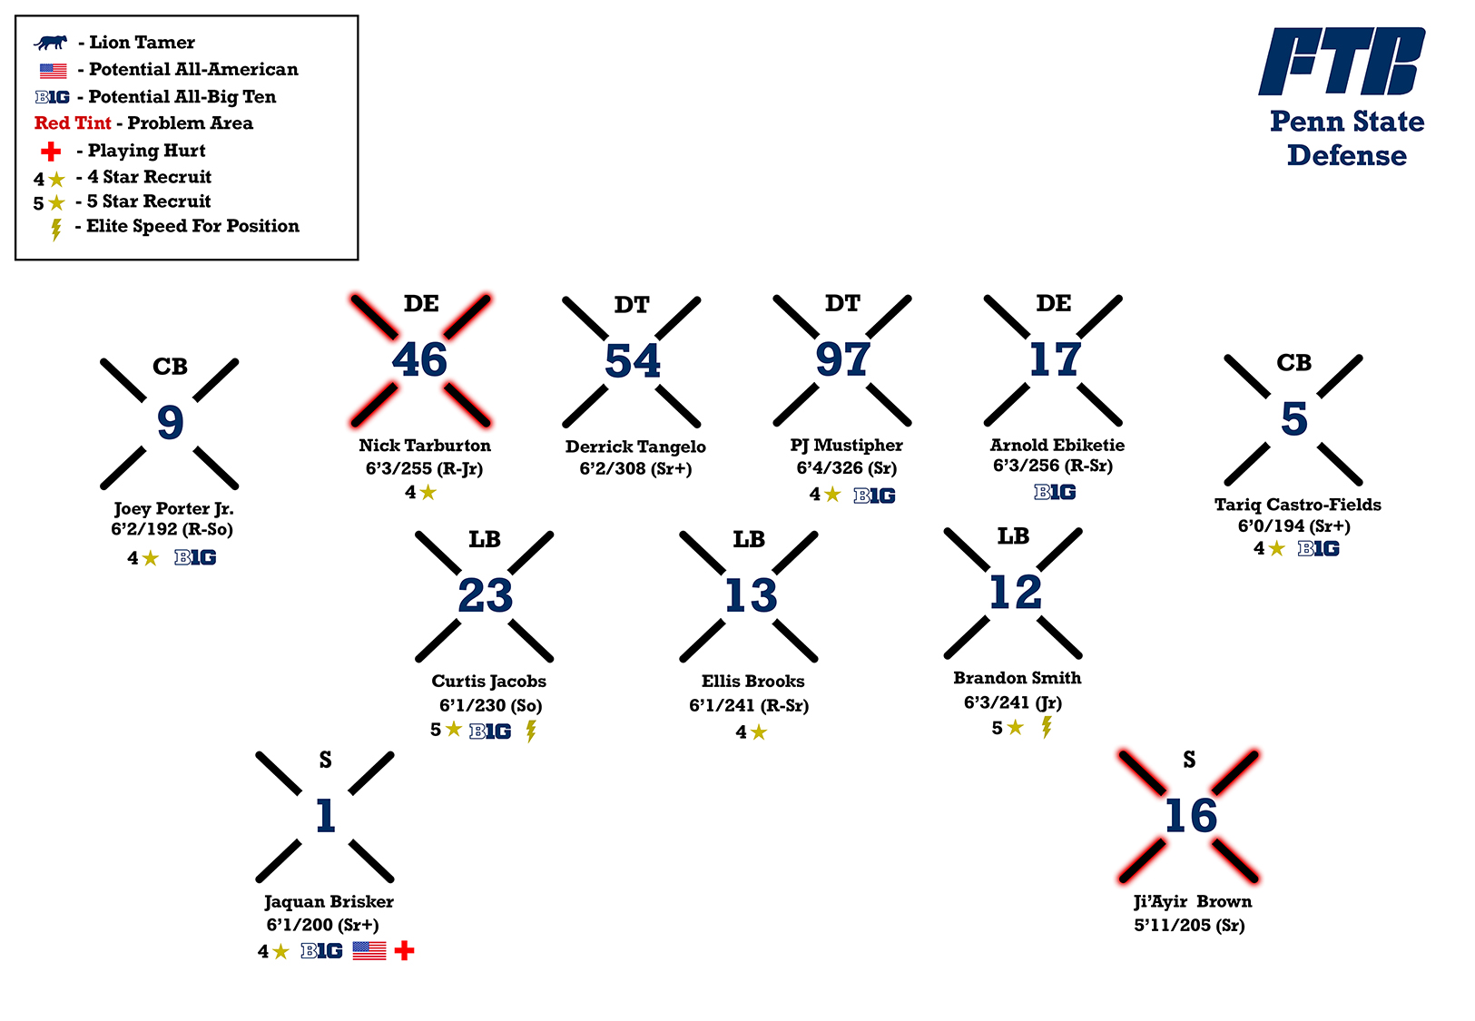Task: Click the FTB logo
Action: click(x=1342, y=62)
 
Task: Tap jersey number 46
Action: click(x=419, y=360)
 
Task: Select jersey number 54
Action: click(x=633, y=361)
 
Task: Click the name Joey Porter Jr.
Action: click(x=173, y=508)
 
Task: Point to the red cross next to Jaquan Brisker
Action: click(x=405, y=950)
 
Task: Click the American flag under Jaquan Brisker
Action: click(x=369, y=950)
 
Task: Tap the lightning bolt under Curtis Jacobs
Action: click(x=531, y=731)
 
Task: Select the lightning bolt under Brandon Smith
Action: click(x=1047, y=727)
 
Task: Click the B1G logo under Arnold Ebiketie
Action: click(x=1055, y=492)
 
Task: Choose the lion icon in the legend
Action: click(x=51, y=43)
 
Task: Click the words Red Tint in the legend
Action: click(x=73, y=123)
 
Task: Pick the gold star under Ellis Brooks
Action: click(x=759, y=732)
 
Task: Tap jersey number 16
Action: click(x=1190, y=816)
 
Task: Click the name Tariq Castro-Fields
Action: click(x=1297, y=505)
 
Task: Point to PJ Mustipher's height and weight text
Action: click(x=846, y=468)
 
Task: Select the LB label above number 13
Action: click(x=749, y=540)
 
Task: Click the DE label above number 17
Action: click(x=1053, y=303)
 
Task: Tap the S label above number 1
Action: click(x=325, y=761)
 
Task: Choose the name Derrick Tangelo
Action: click(x=635, y=447)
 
